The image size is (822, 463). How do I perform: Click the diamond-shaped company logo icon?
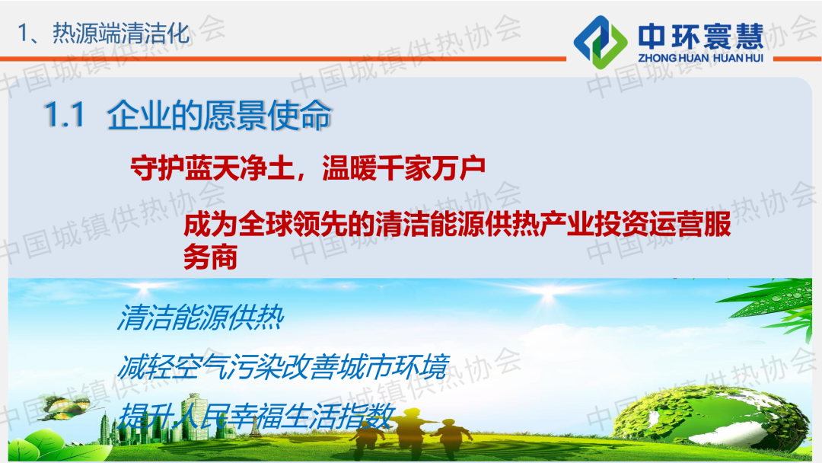[x=601, y=42]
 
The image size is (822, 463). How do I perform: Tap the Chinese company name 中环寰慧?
[x=701, y=37]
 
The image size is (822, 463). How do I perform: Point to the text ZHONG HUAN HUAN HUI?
[x=700, y=58]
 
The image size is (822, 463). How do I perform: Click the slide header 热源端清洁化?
[x=120, y=34]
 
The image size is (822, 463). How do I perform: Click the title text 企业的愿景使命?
[x=219, y=115]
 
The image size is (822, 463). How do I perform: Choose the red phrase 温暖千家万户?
[x=403, y=168]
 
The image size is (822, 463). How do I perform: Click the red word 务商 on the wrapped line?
[x=210, y=257]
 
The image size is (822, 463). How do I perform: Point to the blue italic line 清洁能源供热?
[x=201, y=317]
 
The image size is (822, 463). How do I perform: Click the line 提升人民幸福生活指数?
[x=255, y=417]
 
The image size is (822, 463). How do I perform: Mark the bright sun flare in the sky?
[x=548, y=297]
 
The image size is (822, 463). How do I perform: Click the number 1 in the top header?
[x=22, y=34]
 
